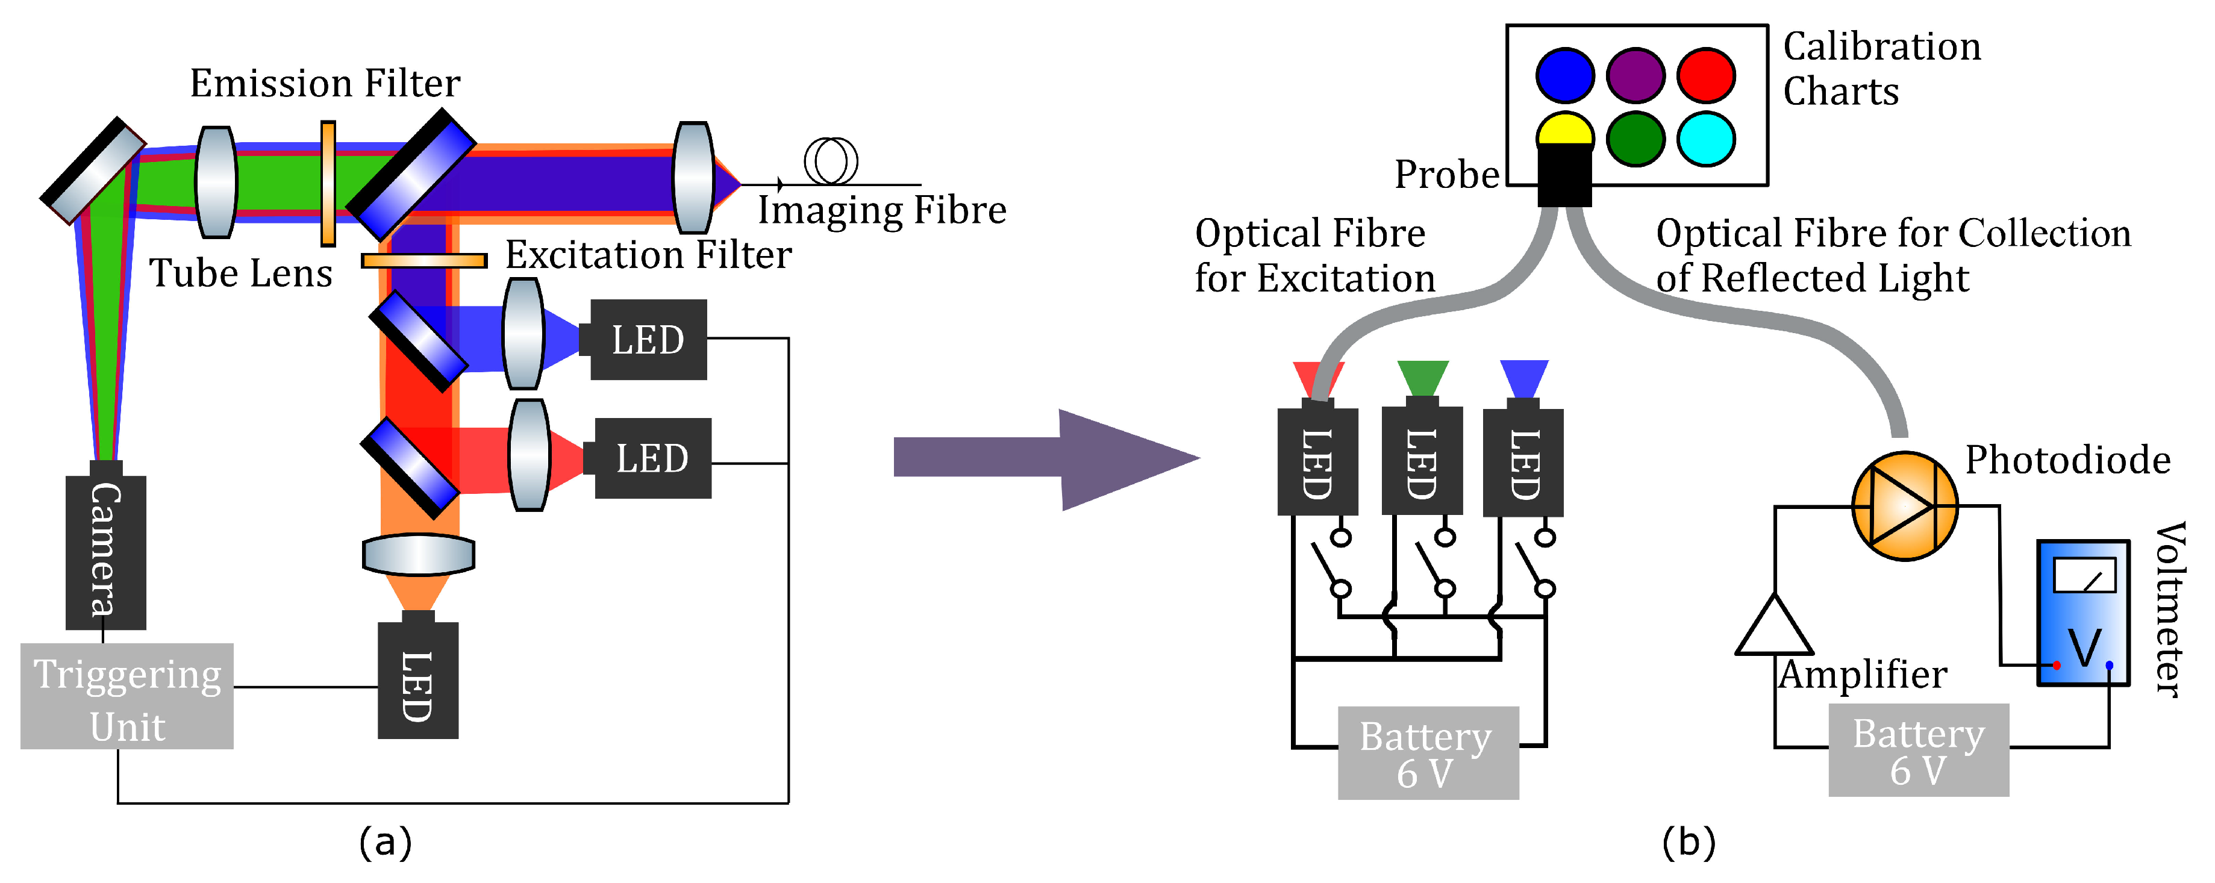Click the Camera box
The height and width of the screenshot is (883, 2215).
(x=106, y=552)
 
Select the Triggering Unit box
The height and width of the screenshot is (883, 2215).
(x=127, y=696)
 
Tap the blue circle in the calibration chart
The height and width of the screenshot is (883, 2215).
(x=1565, y=76)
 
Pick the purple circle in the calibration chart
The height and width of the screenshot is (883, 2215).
(x=1635, y=76)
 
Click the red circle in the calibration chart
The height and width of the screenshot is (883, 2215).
(x=1706, y=76)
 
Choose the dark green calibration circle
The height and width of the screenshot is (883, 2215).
(x=1635, y=139)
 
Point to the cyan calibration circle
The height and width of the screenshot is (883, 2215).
(x=1706, y=139)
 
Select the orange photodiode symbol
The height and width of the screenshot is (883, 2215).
(x=1905, y=507)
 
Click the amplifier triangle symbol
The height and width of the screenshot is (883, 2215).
(x=1775, y=625)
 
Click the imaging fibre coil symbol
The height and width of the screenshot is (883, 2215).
(x=831, y=161)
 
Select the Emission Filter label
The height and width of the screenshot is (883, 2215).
(x=325, y=83)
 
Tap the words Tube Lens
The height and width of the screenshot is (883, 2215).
(x=241, y=273)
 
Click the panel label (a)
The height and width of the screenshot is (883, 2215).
(x=385, y=841)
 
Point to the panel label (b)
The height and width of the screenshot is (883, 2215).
(x=1689, y=841)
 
